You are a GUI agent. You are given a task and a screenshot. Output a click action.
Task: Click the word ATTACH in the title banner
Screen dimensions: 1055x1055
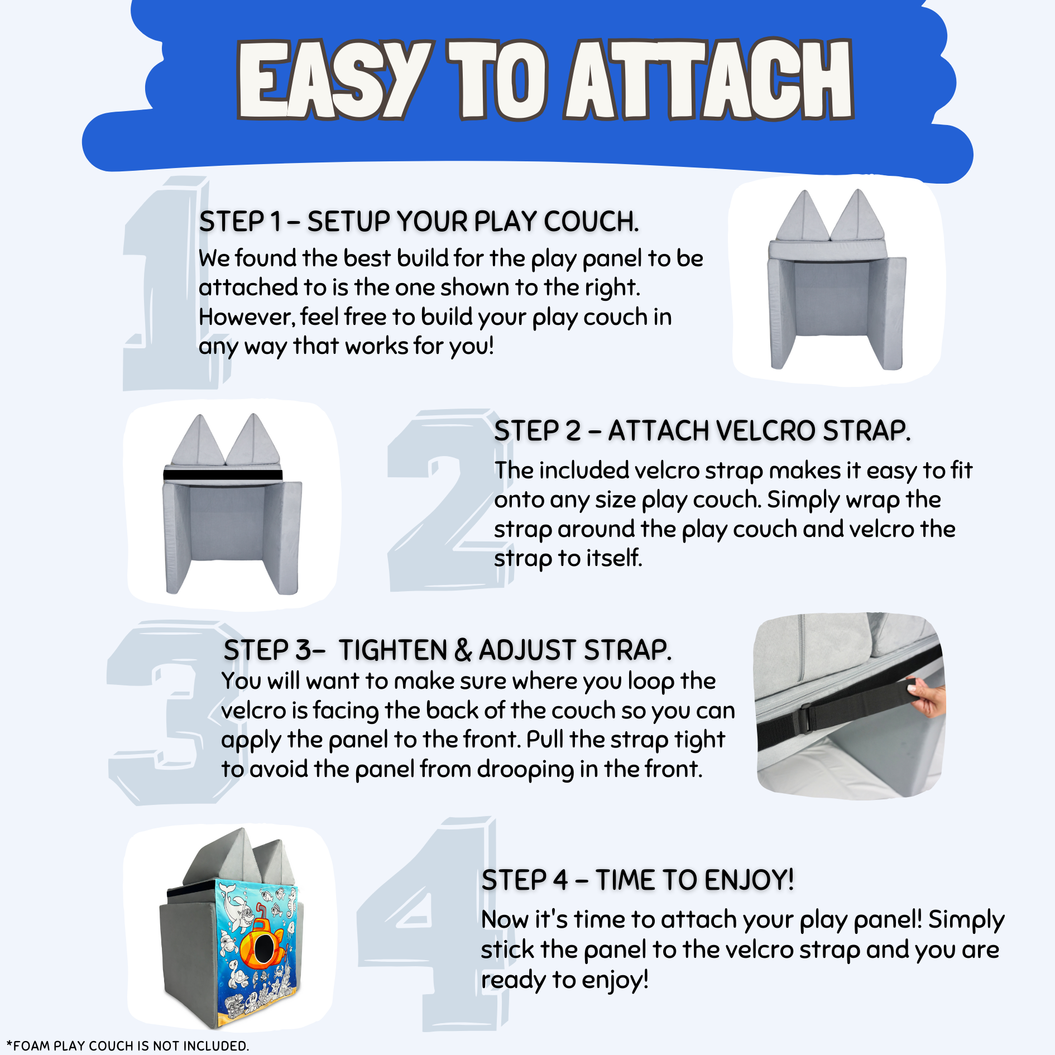click(709, 79)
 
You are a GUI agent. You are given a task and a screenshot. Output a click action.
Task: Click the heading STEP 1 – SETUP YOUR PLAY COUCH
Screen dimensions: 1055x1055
click(419, 222)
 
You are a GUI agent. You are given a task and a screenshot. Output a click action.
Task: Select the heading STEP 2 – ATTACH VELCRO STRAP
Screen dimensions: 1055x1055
click(702, 431)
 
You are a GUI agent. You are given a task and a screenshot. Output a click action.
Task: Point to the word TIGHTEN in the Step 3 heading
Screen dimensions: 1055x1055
click(394, 650)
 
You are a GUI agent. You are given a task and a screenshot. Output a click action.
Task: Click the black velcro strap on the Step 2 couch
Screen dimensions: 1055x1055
click(223, 475)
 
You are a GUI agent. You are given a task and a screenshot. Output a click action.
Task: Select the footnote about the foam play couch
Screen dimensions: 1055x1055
click(128, 1046)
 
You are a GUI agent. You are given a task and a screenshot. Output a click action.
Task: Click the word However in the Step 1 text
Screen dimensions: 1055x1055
click(246, 318)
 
